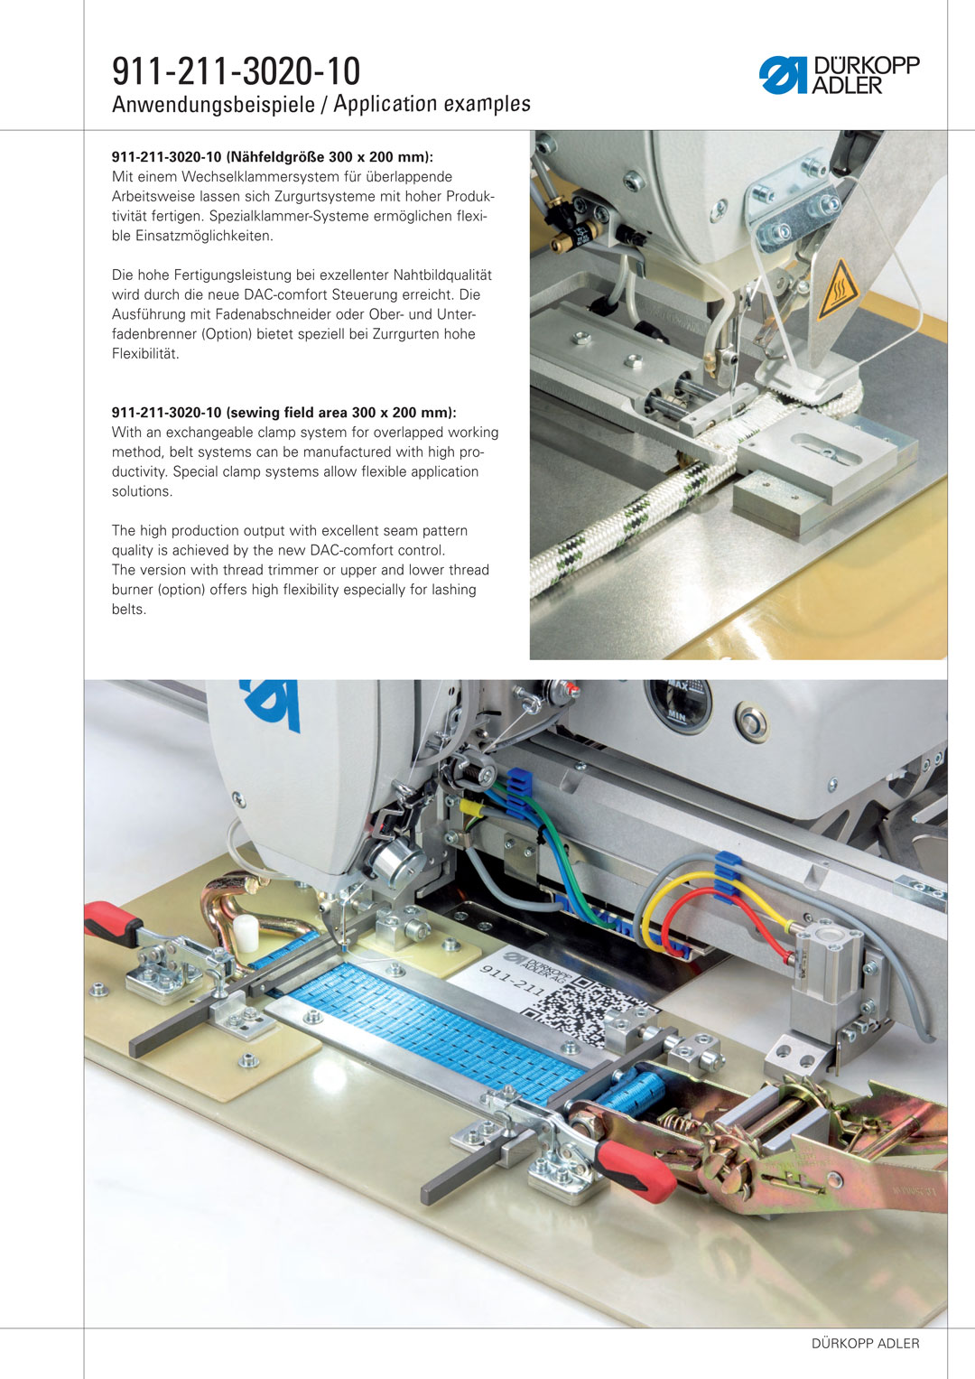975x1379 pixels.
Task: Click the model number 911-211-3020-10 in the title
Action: (236, 71)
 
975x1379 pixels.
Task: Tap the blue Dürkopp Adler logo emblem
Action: (783, 75)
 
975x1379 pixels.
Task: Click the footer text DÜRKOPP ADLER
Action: (866, 1343)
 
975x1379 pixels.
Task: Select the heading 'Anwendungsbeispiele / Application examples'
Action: (320, 105)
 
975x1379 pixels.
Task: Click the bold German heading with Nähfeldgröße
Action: (273, 157)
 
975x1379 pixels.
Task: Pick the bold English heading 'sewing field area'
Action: (283, 413)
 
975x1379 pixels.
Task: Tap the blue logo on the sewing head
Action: (271, 704)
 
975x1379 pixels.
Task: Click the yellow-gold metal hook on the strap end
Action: (253, 910)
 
